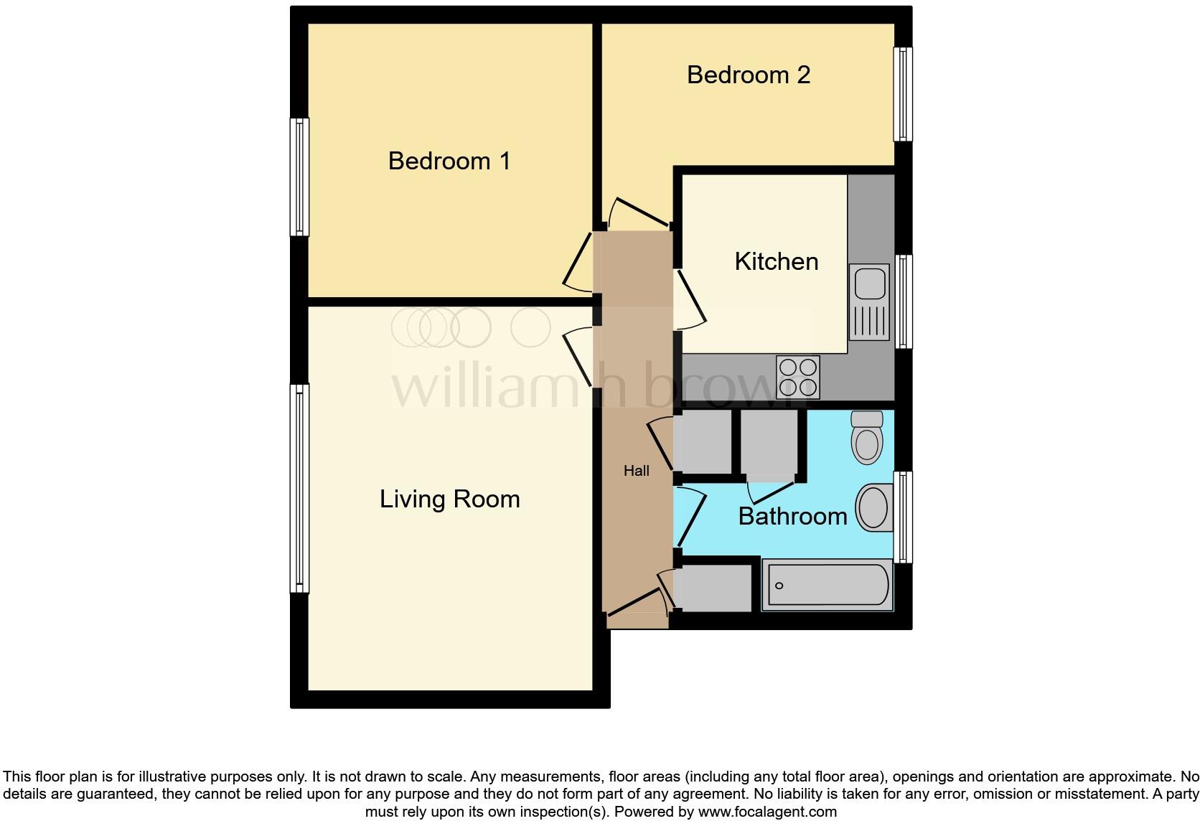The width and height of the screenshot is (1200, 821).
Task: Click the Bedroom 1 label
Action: click(x=449, y=161)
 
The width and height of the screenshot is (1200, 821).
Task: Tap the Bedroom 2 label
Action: click(x=749, y=75)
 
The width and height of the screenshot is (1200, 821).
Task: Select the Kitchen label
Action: click(x=776, y=261)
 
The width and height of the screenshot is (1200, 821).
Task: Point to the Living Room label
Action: click(x=449, y=499)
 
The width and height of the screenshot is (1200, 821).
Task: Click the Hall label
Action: click(x=636, y=471)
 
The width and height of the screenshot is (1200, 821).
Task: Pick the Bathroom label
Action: click(x=792, y=516)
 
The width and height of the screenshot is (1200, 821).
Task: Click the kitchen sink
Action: click(x=870, y=301)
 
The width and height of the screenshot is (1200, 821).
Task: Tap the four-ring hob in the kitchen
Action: click(x=798, y=377)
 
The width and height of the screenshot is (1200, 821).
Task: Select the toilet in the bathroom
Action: click(x=867, y=437)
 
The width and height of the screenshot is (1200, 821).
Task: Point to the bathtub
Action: click(x=827, y=586)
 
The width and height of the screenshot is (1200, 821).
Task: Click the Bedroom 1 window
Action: click(x=299, y=177)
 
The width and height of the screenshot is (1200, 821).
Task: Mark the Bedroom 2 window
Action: click(x=903, y=94)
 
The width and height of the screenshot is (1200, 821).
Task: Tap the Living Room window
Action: click(x=299, y=488)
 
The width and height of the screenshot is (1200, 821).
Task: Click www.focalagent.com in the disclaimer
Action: click(x=767, y=812)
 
